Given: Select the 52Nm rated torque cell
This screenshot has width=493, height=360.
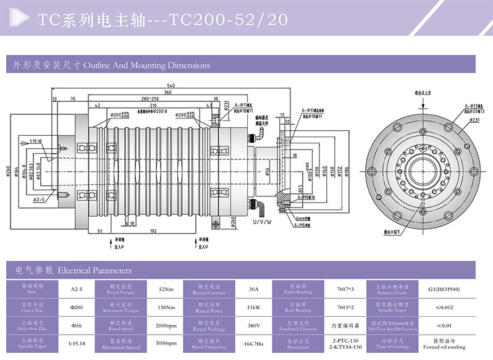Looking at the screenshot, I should [162, 290].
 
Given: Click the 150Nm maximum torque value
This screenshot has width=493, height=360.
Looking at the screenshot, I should [162, 307].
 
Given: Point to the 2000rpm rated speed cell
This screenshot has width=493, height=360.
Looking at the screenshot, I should [162, 325].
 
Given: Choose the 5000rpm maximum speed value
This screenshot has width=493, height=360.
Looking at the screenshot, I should [162, 343].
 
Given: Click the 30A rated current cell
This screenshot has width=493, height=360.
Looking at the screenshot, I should [253, 290].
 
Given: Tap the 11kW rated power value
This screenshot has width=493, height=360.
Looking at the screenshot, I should [253, 307].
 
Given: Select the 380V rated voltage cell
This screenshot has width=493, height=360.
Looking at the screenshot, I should [253, 325].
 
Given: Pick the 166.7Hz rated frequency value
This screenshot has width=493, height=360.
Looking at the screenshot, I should [253, 343].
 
